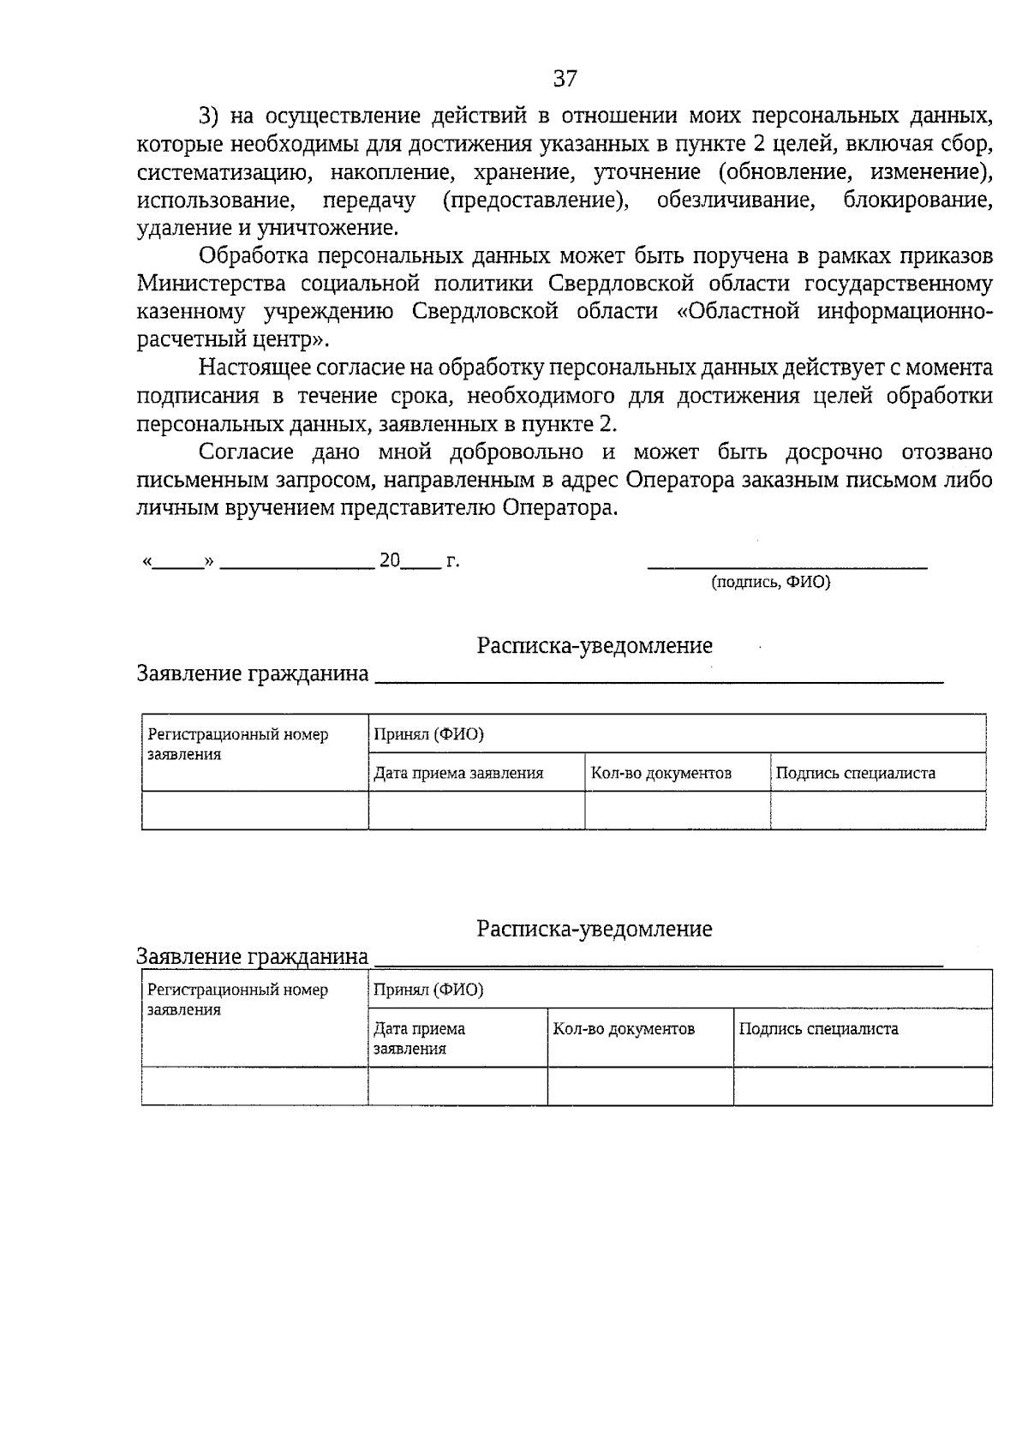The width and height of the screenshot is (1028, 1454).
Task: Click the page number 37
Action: click(565, 80)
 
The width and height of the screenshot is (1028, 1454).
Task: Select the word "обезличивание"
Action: click(734, 200)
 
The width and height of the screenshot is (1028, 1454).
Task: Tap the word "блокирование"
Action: click(917, 200)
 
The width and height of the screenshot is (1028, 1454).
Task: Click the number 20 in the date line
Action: click(390, 561)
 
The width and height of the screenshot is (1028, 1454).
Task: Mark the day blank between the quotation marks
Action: click(179, 564)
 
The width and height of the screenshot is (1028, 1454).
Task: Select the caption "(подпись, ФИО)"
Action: click(771, 583)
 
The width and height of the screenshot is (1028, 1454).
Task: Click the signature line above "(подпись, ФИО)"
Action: click(787, 566)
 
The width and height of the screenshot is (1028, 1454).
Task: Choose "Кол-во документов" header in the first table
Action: click(660, 773)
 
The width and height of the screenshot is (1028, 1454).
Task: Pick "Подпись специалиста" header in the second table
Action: click(818, 1029)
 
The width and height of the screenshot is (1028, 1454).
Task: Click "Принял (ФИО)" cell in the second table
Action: click(428, 990)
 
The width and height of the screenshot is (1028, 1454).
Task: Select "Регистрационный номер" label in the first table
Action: click(237, 735)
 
